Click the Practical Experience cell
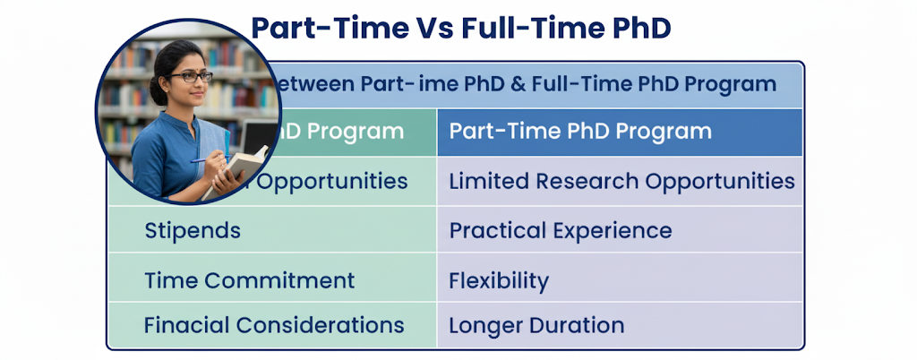pyautogui.click(x=561, y=230)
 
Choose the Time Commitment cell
pyautogui.click(x=249, y=280)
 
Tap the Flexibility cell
pyautogui.click(x=498, y=280)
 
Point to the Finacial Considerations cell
pyautogui.click(x=274, y=325)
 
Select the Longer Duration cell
pyautogui.click(x=536, y=325)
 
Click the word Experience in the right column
pyautogui.click(x=612, y=230)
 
